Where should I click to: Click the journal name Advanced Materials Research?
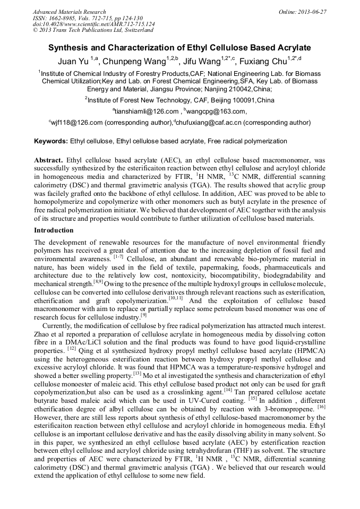(69, 12)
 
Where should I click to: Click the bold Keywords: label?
(51, 141)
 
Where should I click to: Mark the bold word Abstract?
(49, 160)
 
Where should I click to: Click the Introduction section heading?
(54, 230)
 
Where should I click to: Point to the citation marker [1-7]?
(118, 257)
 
